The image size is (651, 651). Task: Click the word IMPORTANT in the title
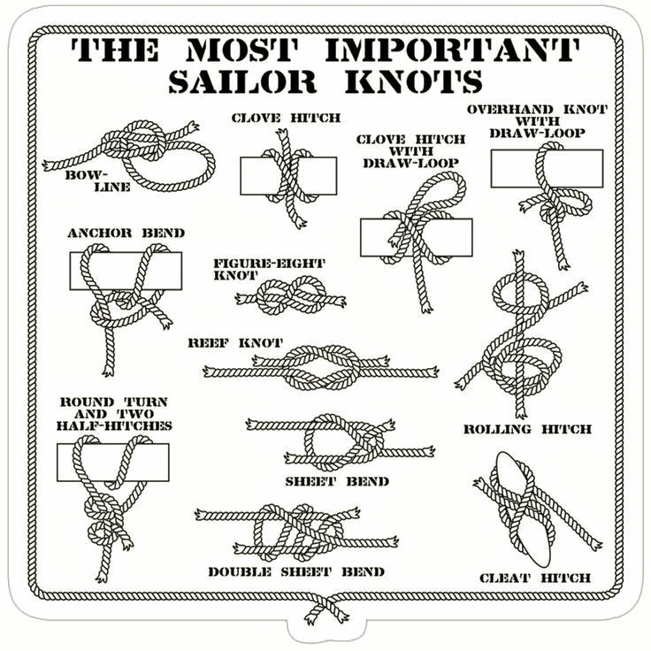click(x=452, y=50)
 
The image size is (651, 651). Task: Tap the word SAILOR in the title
click(x=242, y=81)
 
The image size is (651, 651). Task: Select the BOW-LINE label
click(x=98, y=180)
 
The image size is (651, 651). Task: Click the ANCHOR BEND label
click(x=126, y=233)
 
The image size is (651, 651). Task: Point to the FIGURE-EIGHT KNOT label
click(x=269, y=269)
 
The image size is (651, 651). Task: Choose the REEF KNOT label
click(x=235, y=343)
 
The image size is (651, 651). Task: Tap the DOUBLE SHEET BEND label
click(x=296, y=571)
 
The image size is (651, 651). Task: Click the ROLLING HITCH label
click(x=528, y=429)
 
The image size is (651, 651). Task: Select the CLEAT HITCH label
click(x=535, y=578)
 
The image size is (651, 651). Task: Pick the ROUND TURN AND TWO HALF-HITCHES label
click(x=114, y=414)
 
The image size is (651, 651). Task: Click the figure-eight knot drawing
click(x=291, y=295)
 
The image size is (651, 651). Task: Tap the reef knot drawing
click(x=321, y=367)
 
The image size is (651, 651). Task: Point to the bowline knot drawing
click(x=129, y=156)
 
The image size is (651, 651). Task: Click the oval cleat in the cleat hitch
click(x=524, y=509)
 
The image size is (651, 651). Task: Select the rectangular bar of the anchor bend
click(x=126, y=271)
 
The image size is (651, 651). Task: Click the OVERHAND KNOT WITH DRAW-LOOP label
click(x=537, y=121)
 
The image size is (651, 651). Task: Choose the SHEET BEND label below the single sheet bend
click(x=337, y=481)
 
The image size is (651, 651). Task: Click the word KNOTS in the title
click(x=414, y=81)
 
